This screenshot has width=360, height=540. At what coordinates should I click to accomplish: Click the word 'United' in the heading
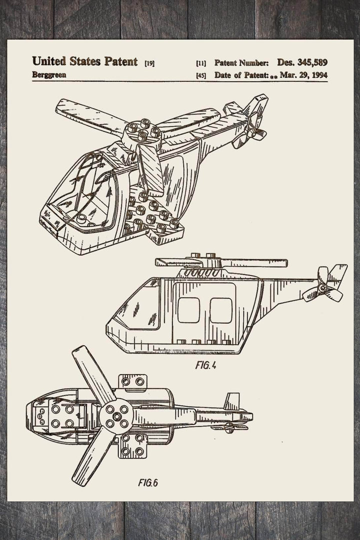49,61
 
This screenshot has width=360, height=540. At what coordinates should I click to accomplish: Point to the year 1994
317,75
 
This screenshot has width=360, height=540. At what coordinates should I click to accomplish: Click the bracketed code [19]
149,63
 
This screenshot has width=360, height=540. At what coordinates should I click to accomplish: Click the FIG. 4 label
205,365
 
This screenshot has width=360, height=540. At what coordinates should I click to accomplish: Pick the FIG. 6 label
148,483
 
